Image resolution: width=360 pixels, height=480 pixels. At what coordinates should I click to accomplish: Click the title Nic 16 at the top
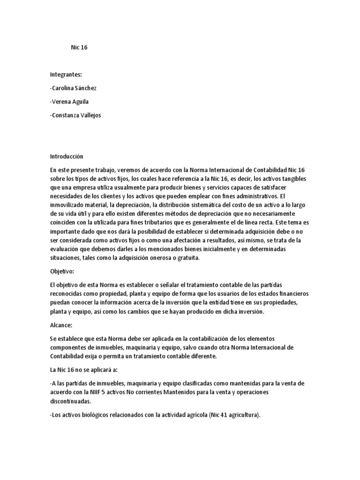click(x=79, y=47)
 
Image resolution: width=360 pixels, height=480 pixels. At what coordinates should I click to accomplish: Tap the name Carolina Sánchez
click(x=73, y=88)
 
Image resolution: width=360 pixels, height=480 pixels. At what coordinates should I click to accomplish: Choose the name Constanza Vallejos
click(x=75, y=115)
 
